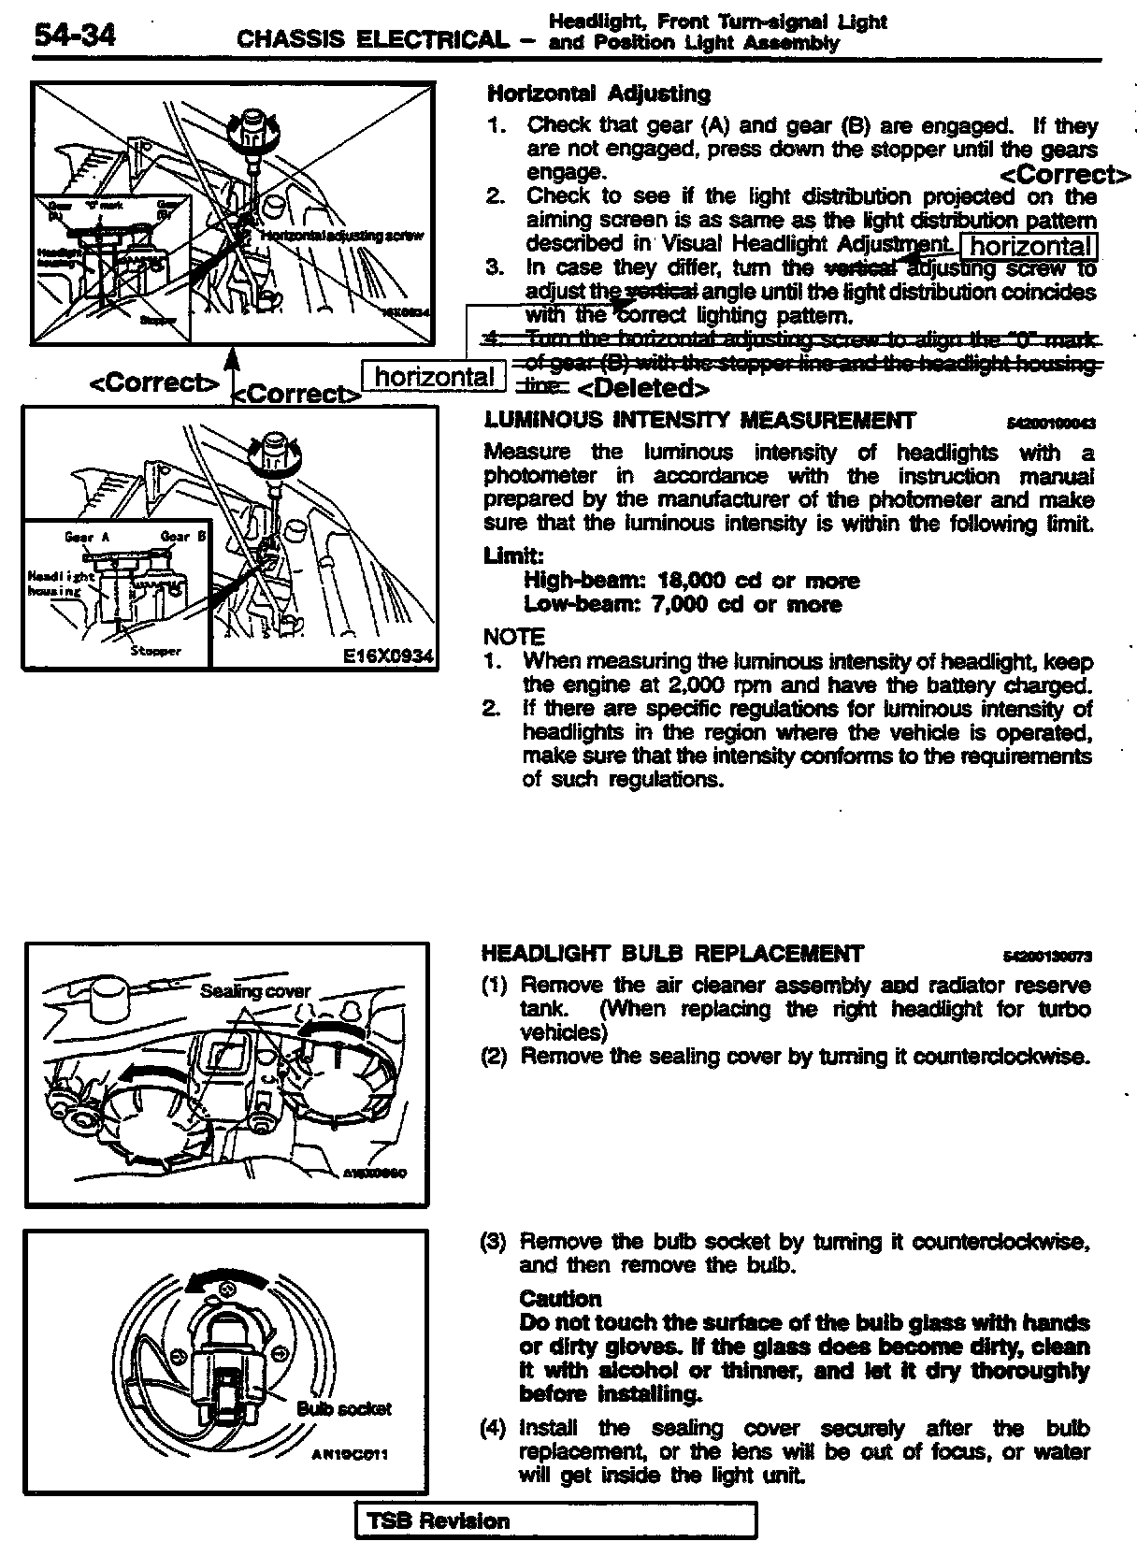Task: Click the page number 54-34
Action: (75, 36)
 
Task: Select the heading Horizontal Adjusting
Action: (598, 94)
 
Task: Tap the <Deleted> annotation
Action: (642, 387)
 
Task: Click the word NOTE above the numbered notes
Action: (512, 637)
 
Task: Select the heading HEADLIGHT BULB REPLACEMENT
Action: (672, 954)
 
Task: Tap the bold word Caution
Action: (560, 1299)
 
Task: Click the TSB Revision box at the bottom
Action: (555, 1521)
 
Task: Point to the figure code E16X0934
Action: (388, 656)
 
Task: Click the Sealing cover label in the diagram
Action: (255, 991)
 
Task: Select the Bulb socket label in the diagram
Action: (343, 1408)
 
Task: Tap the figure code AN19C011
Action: (350, 1455)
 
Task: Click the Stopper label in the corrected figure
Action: (155, 651)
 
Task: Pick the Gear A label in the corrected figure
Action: (88, 537)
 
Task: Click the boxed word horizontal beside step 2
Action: (1029, 246)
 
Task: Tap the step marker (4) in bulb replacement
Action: (494, 1428)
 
